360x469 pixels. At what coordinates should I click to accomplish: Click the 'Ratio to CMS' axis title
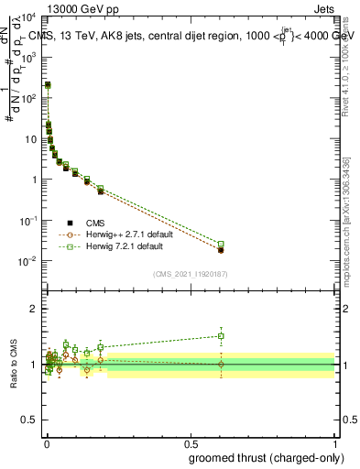[x=13, y=365]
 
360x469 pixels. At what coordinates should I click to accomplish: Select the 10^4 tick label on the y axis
[x=28, y=16]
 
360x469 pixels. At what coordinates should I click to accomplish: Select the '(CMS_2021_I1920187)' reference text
[x=191, y=274]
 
